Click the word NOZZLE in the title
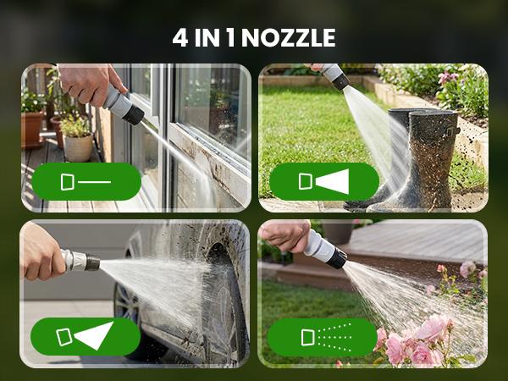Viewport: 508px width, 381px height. point(289,38)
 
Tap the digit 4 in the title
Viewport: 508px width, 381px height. point(180,38)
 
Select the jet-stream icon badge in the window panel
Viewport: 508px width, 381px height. point(86,181)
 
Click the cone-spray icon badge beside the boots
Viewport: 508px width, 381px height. point(324,181)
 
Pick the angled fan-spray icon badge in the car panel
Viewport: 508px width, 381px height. point(86,336)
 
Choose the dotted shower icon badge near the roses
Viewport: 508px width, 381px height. point(323,337)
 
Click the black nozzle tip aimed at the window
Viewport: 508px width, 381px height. point(133,114)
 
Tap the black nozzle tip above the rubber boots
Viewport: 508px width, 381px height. point(340,82)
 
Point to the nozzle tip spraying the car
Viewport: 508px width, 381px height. point(92,262)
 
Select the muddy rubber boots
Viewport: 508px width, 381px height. point(409,159)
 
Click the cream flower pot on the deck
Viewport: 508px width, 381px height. point(79,147)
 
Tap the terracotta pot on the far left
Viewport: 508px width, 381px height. point(32,129)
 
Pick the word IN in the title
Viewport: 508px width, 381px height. point(207,38)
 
